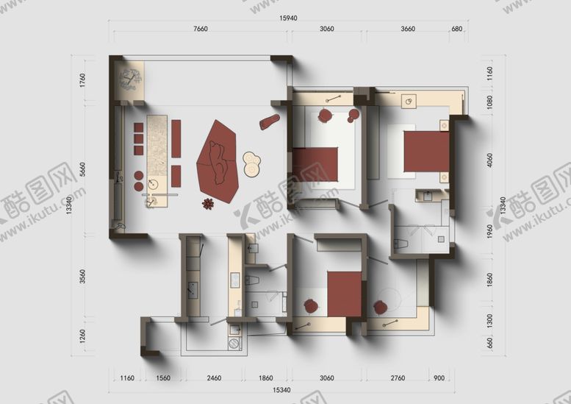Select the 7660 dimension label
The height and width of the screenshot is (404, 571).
pos(200,29)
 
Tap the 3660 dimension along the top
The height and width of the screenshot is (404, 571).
pos(408,29)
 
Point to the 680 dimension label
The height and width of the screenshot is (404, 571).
pos(457,29)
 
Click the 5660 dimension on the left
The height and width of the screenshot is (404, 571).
pos(83,169)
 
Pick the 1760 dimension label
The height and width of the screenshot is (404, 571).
pos(83,79)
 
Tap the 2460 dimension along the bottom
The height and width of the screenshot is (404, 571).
pos(215,378)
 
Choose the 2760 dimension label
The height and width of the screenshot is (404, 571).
pos(398,378)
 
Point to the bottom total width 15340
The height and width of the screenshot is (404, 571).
pos(281,389)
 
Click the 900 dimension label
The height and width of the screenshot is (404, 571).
pos(439,378)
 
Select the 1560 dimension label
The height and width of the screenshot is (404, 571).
pos(163,378)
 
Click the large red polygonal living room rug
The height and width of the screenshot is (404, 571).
pos(218,157)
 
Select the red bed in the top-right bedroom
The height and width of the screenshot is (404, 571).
pos(425,153)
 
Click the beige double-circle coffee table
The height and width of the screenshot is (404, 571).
pos(251,163)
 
